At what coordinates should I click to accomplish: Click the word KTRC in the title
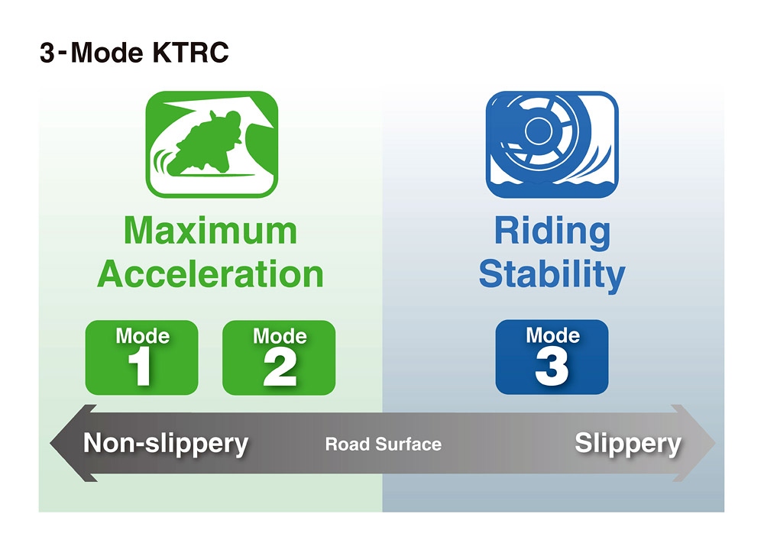coord(190,53)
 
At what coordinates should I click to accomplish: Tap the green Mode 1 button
coord(142,357)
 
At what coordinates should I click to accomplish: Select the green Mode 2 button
coord(279,357)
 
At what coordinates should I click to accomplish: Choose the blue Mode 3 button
coord(552,357)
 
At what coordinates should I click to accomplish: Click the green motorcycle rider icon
coord(212,144)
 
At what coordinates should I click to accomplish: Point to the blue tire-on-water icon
coord(552,144)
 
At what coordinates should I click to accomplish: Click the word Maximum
coord(211,231)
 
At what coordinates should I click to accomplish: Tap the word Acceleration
coord(211,273)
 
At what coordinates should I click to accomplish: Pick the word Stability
coord(552,276)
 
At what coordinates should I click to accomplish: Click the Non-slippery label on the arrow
coord(166,444)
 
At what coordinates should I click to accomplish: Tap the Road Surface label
coord(384,444)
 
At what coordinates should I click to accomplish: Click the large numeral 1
coord(140,367)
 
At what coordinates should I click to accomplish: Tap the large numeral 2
coord(280,368)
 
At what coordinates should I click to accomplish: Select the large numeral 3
coord(552,367)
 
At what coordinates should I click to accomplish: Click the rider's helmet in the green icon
coord(230,120)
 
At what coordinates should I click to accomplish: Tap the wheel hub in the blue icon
coord(538,130)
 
